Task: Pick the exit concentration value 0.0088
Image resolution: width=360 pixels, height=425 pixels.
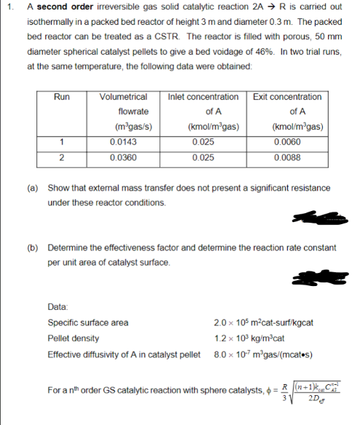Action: (x=286, y=156)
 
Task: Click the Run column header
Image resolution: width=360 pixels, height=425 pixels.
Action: (x=62, y=97)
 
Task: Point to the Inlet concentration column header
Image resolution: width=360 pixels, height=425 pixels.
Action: (x=203, y=97)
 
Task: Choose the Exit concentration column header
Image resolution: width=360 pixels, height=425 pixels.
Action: (x=287, y=97)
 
